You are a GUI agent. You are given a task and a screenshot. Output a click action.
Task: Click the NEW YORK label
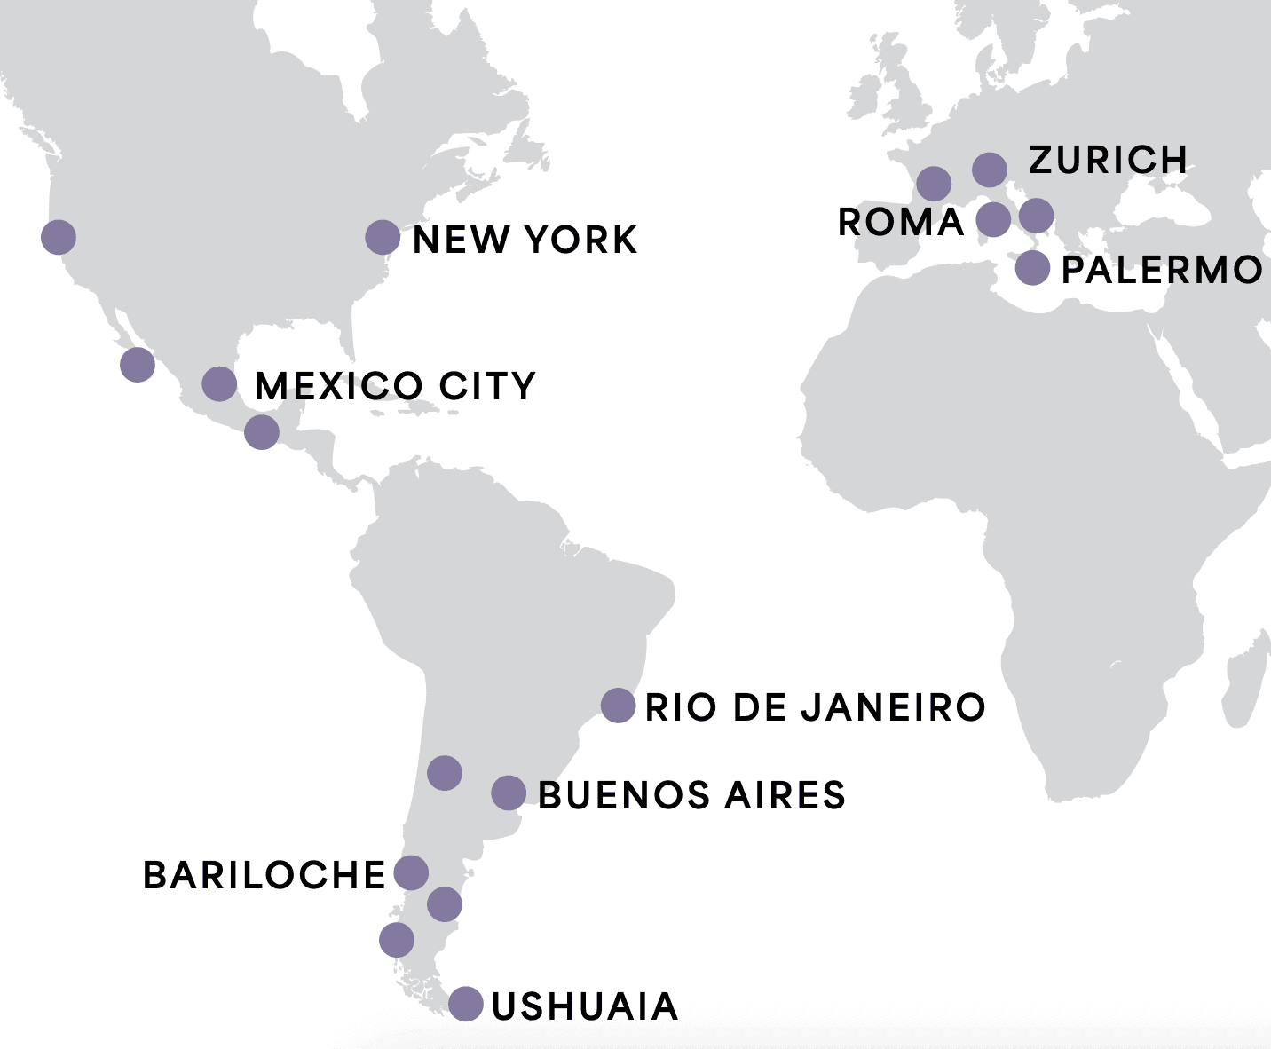click(525, 240)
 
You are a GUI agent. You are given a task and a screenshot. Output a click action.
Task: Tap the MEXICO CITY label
click(395, 386)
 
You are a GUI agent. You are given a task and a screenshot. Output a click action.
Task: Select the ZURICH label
click(1108, 161)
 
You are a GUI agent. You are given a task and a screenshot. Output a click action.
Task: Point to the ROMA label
click(901, 222)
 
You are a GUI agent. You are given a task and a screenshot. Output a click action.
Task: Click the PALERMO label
click(1162, 270)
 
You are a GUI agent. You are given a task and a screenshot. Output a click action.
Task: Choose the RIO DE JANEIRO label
click(815, 707)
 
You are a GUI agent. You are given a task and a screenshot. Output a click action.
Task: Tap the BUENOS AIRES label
click(691, 795)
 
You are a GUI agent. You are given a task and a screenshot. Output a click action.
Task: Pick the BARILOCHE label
click(264, 875)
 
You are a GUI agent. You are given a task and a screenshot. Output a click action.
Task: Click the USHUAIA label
click(585, 1006)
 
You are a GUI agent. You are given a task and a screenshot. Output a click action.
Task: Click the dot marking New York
click(383, 238)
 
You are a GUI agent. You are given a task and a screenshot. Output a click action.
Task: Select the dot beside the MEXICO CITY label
click(219, 384)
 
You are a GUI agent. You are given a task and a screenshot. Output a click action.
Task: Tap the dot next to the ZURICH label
click(990, 169)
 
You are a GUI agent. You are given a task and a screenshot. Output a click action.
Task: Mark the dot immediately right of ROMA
click(993, 219)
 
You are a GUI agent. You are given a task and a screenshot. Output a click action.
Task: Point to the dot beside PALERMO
click(1032, 267)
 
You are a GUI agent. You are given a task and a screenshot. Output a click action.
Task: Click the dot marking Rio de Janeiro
click(618, 706)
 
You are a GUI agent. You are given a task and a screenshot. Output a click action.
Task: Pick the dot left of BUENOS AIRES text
click(509, 793)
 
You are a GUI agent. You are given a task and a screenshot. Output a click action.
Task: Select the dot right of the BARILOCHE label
click(411, 873)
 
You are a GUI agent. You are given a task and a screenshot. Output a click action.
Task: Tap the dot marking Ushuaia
click(466, 1004)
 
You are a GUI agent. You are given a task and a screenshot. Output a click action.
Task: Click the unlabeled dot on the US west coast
click(59, 237)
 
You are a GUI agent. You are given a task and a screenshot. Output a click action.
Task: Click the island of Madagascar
click(1248, 679)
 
